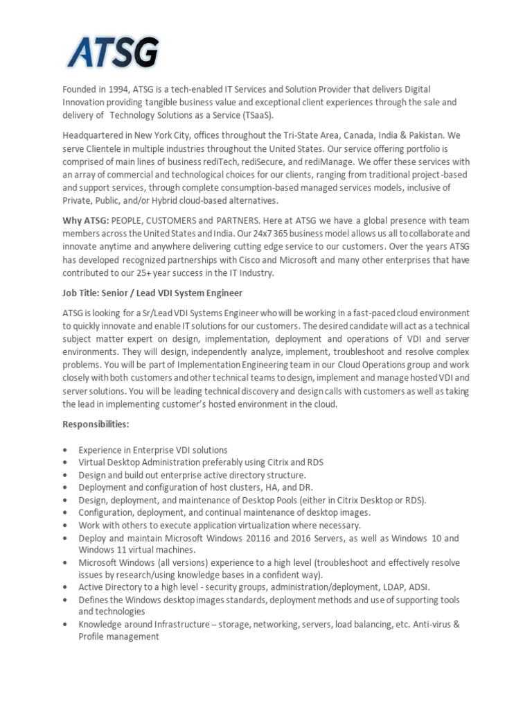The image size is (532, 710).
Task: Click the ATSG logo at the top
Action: pos(113,53)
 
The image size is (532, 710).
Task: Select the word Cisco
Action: pos(264,259)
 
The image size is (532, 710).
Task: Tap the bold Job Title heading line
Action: pos(152,293)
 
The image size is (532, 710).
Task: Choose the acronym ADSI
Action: pos(418,587)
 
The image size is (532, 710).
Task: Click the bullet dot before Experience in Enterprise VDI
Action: pos(65,450)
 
